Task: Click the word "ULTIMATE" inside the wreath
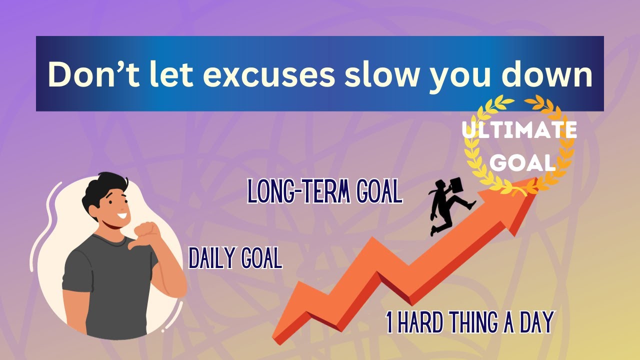click(x=519, y=131)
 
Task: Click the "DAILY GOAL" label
click(x=235, y=258)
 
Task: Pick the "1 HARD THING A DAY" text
click(x=469, y=322)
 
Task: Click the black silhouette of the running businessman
click(x=446, y=210)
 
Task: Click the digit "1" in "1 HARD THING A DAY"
click(x=389, y=322)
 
